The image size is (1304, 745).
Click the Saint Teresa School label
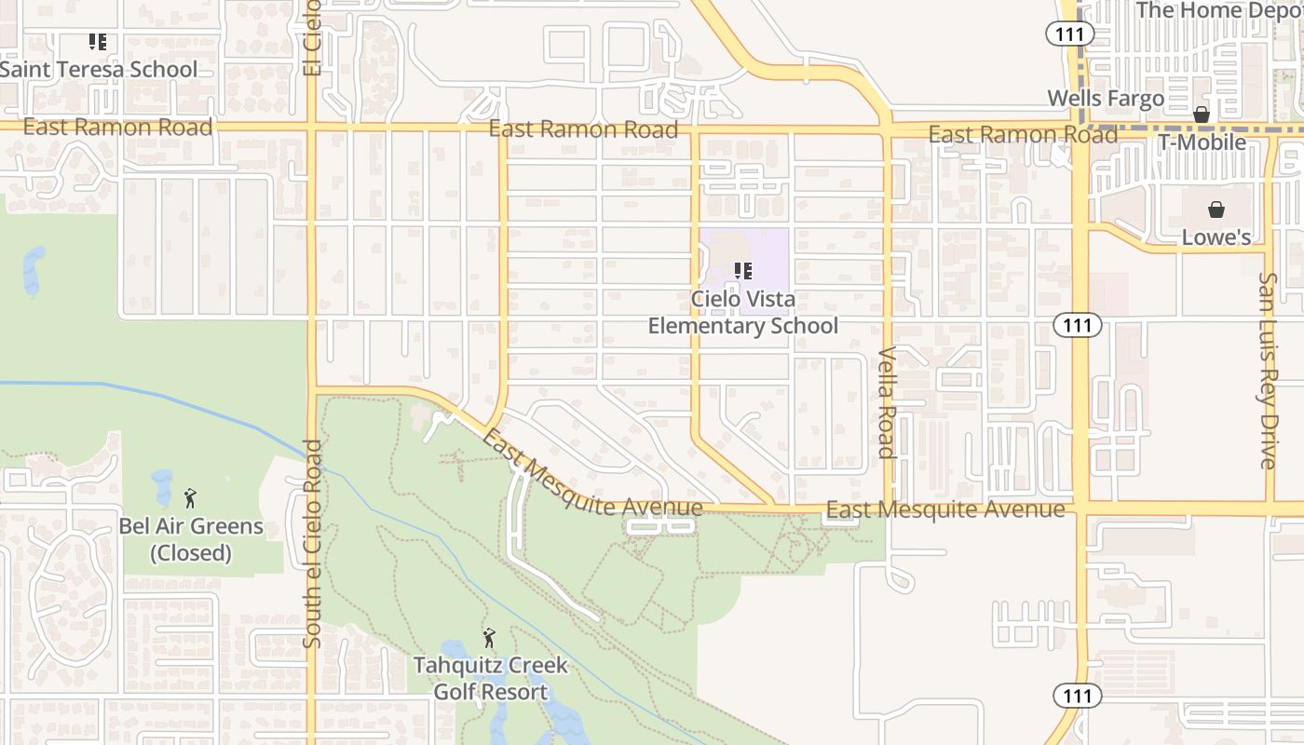point(99,70)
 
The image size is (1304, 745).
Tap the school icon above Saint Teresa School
point(98,42)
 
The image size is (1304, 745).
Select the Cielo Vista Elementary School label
point(742,313)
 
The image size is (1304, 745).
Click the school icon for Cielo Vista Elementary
point(742,271)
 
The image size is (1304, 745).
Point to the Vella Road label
point(887,402)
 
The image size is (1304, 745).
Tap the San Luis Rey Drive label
point(1267,371)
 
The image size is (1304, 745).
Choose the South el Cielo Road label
point(313,544)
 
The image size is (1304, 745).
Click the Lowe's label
point(1216,237)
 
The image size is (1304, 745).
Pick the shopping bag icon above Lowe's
point(1216,210)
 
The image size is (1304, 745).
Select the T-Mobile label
point(1202,142)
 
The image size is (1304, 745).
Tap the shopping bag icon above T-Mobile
point(1202,115)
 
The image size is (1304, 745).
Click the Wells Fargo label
point(1106,99)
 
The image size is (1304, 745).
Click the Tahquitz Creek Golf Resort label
point(491,679)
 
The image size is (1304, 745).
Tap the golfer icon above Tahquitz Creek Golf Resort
point(489,638)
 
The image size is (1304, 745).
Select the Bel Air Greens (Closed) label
point(191,539)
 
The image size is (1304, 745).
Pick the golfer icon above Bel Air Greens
point(190,498)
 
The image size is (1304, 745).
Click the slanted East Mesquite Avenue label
point(591,478)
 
